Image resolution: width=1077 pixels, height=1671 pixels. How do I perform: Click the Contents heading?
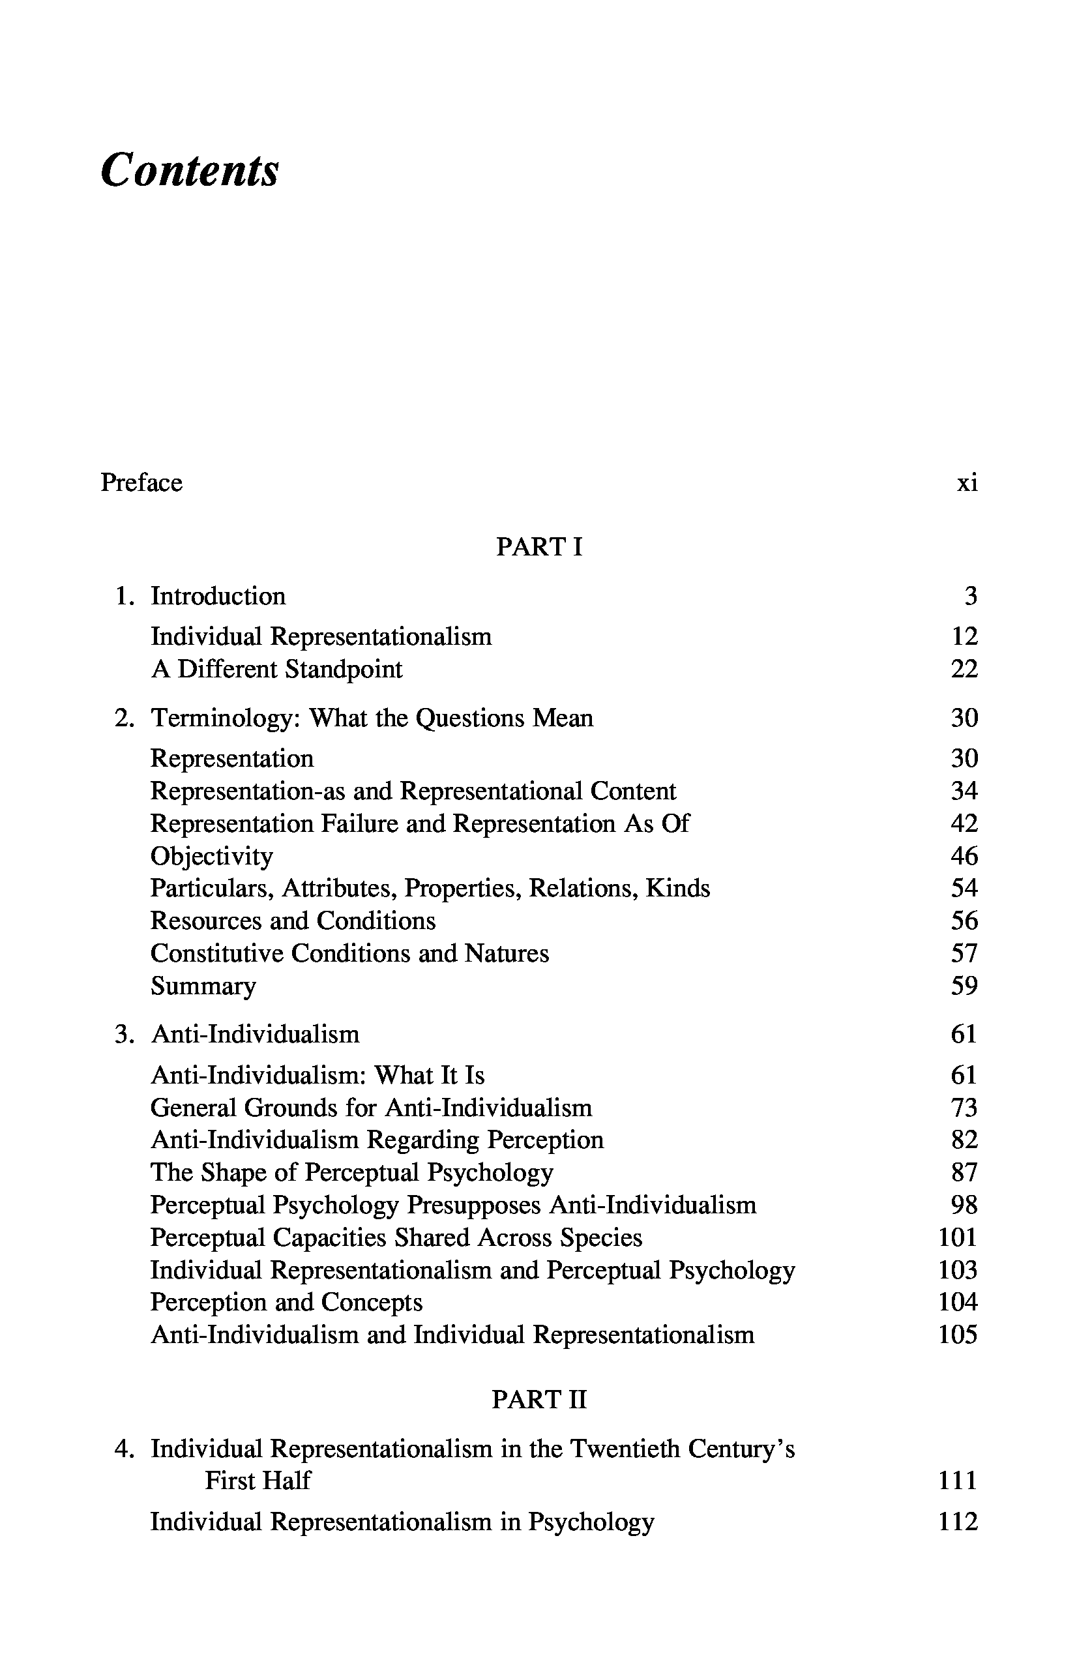click(190, 170)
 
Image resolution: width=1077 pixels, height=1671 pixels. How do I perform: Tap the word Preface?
click(141, 482)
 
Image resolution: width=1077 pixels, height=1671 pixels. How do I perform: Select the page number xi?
click(967, 482)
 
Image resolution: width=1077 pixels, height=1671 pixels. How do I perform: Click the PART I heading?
click(538, 547)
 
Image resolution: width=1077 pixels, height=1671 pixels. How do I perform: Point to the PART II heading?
click(538, 1399)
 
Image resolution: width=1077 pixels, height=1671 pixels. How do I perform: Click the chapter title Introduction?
click(218, 596)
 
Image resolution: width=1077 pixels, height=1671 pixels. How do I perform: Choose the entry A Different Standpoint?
click(276, 669)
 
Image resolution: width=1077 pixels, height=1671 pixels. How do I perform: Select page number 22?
click(964, 669)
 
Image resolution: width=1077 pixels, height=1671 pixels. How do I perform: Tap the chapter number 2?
click(124, 718)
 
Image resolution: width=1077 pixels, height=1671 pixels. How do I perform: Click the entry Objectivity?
click(211, 856)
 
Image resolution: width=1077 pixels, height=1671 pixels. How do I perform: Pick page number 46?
click(964, 856)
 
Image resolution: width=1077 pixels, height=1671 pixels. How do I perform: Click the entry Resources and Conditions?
click(293, 921)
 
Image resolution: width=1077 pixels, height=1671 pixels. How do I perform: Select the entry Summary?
click(203, 986)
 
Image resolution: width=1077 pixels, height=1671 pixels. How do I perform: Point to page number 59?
click(964, 986)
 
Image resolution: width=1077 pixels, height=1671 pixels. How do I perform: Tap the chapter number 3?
click(124, 1033)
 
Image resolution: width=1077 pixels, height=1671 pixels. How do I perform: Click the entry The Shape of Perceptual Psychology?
click(352, 1172)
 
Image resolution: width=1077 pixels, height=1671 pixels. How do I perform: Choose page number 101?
click(958, 1237)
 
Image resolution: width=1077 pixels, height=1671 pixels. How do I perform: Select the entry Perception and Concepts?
click(287, 1302)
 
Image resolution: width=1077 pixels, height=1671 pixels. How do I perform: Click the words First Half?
click(258, 1480)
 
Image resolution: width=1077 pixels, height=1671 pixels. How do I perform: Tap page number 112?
click(958, 1522)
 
